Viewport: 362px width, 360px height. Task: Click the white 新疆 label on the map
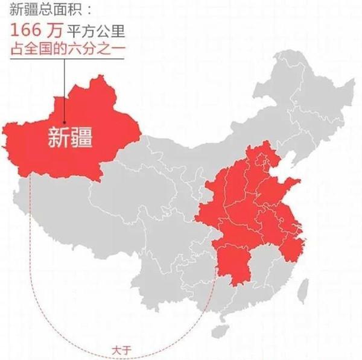point(70,138)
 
